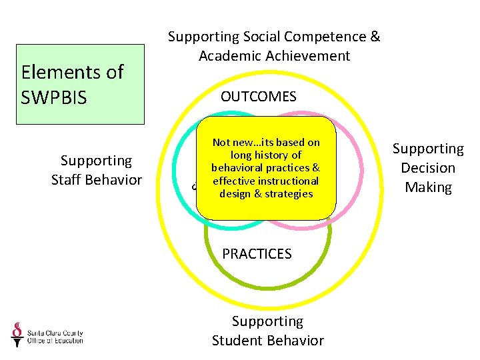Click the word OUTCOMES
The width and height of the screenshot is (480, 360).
point(259,97)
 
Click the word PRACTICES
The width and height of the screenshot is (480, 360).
point(257,254)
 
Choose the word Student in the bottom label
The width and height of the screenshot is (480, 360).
point(239,341)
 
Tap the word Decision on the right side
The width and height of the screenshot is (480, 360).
point(428,168)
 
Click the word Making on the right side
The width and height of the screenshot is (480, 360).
point(428,187)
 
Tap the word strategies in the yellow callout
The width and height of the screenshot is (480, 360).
point(289,193)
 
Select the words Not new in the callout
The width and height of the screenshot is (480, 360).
point(229,143)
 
